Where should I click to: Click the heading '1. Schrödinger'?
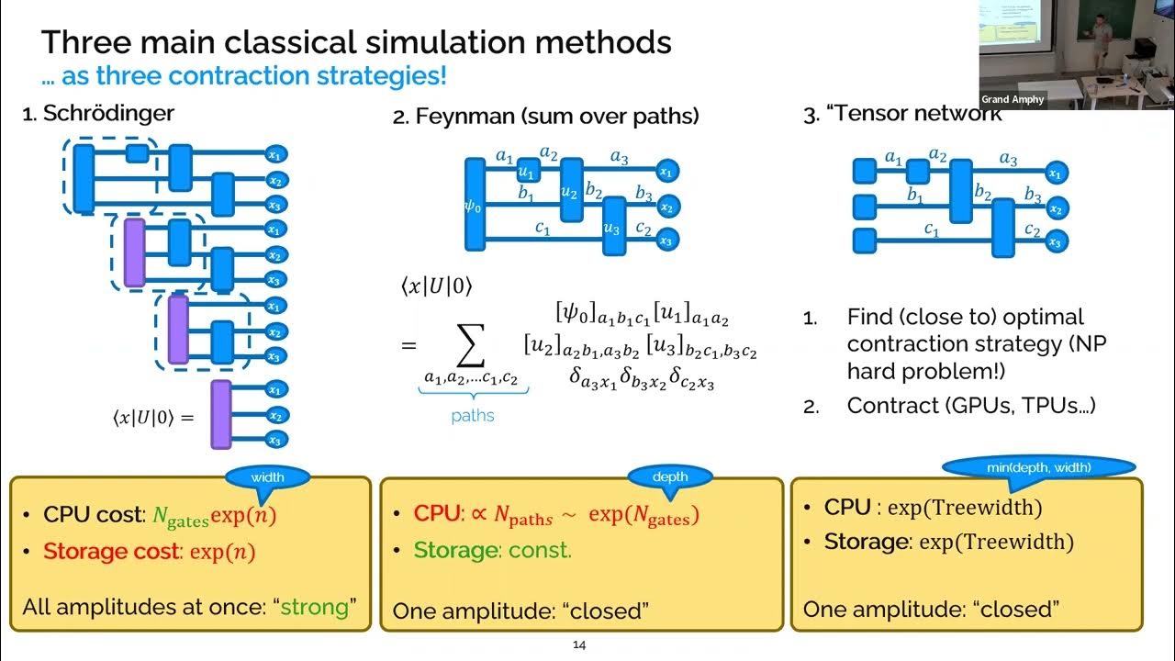point(98,115)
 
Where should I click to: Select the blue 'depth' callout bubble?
point(670,476)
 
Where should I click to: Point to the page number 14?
point(579,644)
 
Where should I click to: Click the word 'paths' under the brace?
point(473,416)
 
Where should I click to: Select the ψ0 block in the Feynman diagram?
point(475,204)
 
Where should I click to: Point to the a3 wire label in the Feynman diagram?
point(620,158)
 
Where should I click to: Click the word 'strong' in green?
point(315,608)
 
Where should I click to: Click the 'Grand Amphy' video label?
point(1013,99)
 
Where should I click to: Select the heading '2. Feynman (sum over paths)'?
point(546,117)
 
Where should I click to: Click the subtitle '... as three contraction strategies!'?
point(243,75)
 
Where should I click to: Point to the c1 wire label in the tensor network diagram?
point(932,230)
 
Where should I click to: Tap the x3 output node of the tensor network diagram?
point(1056,242)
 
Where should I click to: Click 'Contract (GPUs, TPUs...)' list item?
point(971,406)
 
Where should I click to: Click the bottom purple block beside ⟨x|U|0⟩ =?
point(221,414)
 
